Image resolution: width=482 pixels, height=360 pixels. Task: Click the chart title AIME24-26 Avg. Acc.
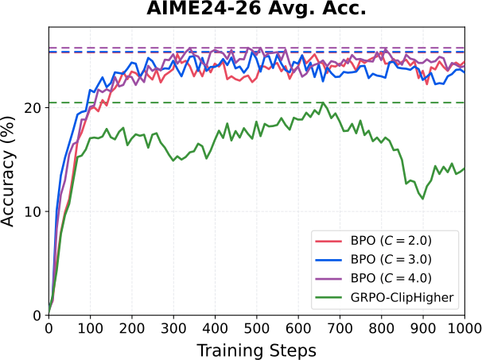click(x=256, y=9)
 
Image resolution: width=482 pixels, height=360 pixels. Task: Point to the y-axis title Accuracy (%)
click(x=8, y=172)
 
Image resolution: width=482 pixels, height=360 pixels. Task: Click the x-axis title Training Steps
click(x=256, y=350)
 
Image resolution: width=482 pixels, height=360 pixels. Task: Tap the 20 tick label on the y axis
click(x=32, y=108)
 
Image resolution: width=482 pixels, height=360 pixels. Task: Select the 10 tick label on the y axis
click(x=32, y=211)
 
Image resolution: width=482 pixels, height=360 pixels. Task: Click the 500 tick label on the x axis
click(x=256, y=329)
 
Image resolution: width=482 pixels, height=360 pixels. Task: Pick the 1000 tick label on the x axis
click(x=464, y=329)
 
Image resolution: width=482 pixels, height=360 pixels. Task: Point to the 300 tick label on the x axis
click(x=173, y=329)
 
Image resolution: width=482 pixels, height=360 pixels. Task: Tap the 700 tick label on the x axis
click(x=340, y=329)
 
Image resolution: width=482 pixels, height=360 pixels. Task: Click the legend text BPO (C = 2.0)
click(x=391, y=241)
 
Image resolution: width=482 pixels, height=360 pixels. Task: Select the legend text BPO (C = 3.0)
click(x=391, y=260)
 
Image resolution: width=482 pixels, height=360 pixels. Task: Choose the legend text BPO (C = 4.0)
click(x=391, y=278)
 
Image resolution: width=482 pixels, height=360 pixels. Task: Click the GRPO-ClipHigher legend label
click(x=402, y=297)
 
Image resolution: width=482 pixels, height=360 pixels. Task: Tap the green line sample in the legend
click(x=328, y=297)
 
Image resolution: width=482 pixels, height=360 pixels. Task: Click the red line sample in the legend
click(x=328, y=241)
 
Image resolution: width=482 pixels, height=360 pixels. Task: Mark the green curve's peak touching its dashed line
click(x=323, y=103)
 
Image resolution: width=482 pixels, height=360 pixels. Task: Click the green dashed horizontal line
click(x=256, y=103)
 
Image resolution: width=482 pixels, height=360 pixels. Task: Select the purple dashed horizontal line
click(x=256, y=48)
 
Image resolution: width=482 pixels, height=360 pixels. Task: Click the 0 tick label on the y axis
click(x=37, y=315)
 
